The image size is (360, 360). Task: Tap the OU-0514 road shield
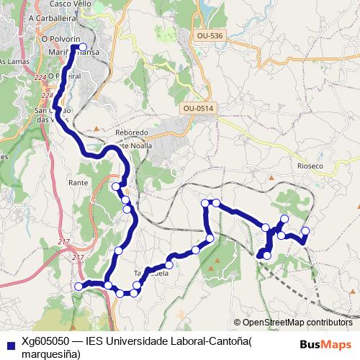(199, 108)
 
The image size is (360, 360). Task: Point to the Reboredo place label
(132, 133)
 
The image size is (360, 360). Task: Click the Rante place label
(77, 183)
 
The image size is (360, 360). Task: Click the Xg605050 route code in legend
(45, 340)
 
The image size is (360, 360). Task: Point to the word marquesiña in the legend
(50, 353)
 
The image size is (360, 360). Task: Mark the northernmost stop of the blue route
(83, 48)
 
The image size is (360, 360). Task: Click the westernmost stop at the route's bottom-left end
(78, 287)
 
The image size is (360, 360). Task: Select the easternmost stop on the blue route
(305, 231)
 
